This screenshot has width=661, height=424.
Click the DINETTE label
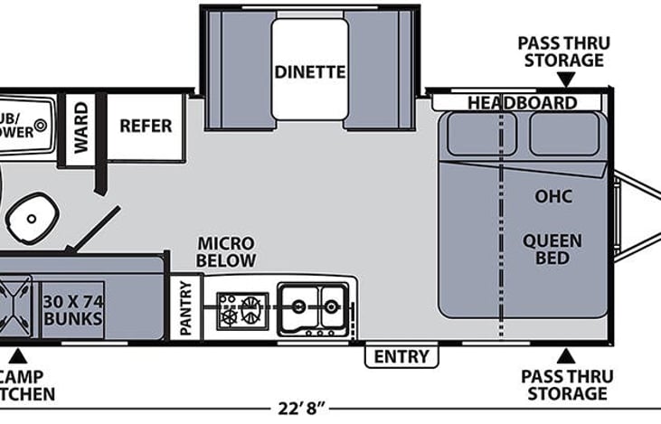(x=310, y=71)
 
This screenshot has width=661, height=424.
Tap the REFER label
(x=146, y=126)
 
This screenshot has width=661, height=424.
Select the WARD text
(x=80, y=127)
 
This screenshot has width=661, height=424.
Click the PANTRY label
(x=186, y=308)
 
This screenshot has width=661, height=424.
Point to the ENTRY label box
(x=401, y=356)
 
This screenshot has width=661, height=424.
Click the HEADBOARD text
(x=522, y=102)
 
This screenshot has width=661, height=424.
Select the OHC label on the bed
(x=553, y=196)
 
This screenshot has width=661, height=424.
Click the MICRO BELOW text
(x=227, y=252)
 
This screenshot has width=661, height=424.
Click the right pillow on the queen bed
(x=563, y=135)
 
